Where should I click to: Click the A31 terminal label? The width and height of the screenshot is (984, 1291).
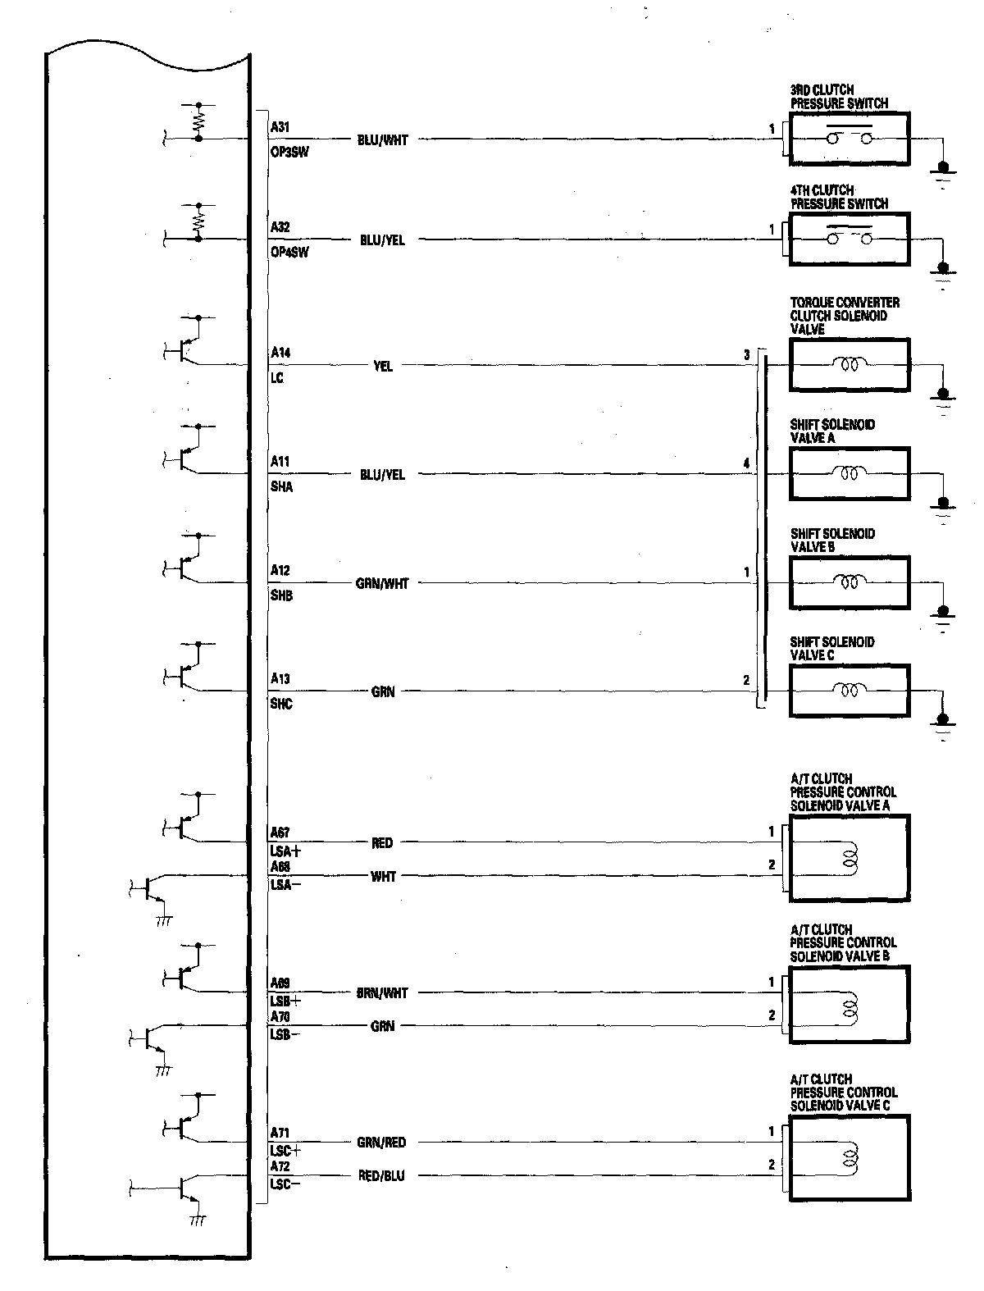click(280, 127)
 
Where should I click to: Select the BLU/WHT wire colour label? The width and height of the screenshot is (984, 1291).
click(382, 140)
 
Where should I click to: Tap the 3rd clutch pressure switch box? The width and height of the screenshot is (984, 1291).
click(849, 139)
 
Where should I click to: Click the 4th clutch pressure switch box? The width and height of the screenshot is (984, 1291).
click(849, 239)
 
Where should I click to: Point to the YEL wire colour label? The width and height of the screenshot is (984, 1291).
click(383, 366)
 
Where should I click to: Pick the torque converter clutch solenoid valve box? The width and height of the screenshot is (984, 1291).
click(849, 365)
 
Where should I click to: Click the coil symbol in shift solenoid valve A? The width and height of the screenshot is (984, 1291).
click(849, 473)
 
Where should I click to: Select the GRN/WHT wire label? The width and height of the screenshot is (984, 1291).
click(382, 584)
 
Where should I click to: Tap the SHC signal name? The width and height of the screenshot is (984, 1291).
click(281, 704)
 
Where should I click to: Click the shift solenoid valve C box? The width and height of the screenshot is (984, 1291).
click(849, 691)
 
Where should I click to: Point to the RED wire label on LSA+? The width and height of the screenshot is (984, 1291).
click(382, 843)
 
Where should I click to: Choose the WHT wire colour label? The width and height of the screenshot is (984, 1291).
click(383, 877)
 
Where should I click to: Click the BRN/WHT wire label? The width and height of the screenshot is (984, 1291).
click(382, 993)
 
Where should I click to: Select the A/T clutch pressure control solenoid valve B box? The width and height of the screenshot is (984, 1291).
click(849, 1004)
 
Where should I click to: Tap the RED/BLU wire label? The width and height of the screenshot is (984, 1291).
click(382, 1176)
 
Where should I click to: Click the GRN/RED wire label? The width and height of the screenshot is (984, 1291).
click(382, 1143)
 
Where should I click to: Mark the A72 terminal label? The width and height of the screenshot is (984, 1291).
click(280, 1166)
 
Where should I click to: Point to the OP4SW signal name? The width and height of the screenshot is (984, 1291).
click(289, 253)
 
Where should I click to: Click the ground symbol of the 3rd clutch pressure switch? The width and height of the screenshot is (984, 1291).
click(943, 172)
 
